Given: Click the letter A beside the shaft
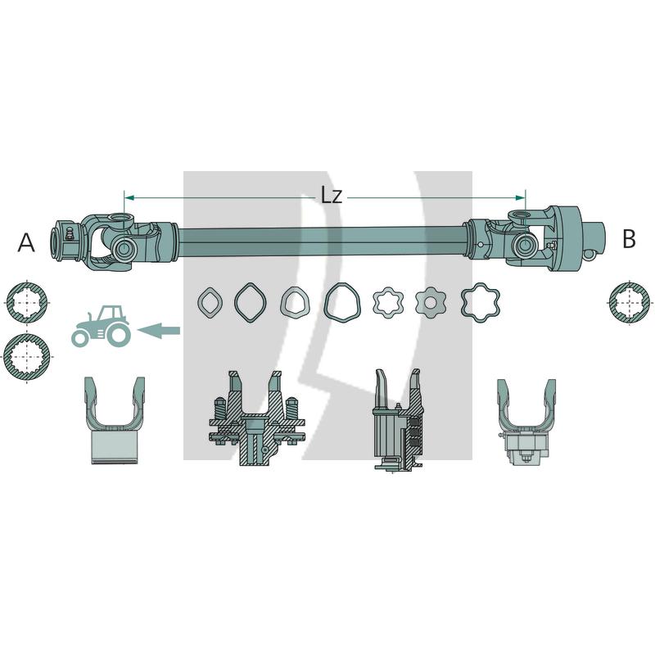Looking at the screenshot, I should (26, 242).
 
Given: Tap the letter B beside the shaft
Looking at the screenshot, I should (629, 239).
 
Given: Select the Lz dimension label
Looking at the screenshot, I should (331, 195).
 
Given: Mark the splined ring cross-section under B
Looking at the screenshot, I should (632, 303).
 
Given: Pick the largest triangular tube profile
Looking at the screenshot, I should (341, 302).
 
